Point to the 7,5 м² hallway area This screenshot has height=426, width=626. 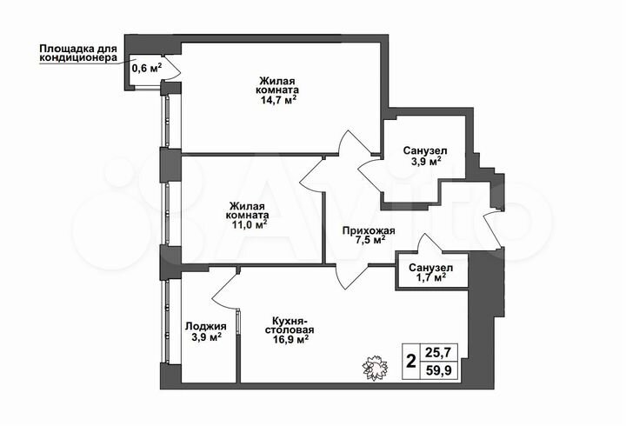(x=370, y=242)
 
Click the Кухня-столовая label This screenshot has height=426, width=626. (x=290, y=324)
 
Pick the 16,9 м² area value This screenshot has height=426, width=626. (x=290, y=341)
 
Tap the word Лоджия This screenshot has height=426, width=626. (x=205, y=327)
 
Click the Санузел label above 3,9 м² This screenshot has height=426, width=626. (x=425, y=150)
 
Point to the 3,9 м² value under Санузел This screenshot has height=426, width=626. (x=425, y=162)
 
